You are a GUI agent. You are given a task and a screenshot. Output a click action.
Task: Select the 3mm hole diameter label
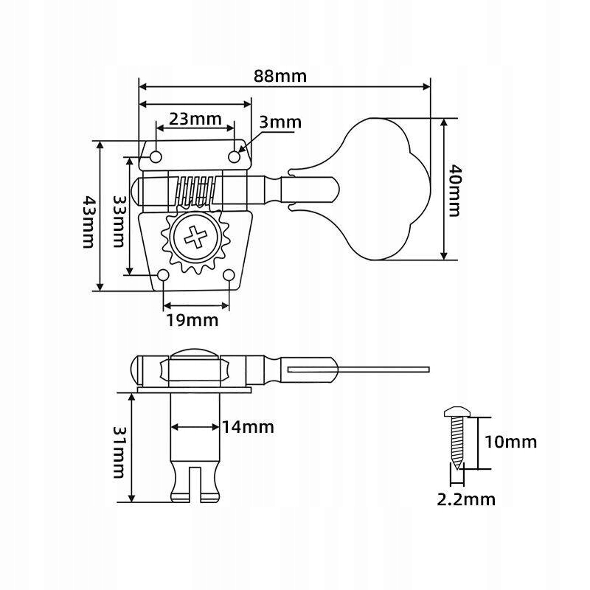[281, 122]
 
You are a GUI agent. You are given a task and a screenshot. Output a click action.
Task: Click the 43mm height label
[88, 222]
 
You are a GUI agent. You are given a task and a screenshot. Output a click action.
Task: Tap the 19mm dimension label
[192, 320]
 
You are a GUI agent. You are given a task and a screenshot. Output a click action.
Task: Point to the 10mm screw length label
[510, 442]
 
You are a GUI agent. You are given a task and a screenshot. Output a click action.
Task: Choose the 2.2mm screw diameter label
[466, 500]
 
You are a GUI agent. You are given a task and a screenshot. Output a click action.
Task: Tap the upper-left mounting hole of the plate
[156, 157]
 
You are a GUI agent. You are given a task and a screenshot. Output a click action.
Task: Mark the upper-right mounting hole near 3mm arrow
[235, 157]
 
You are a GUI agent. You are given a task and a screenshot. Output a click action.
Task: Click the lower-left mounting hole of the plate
[164, 276]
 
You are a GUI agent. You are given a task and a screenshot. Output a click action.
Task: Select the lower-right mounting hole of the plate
[229, 276]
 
